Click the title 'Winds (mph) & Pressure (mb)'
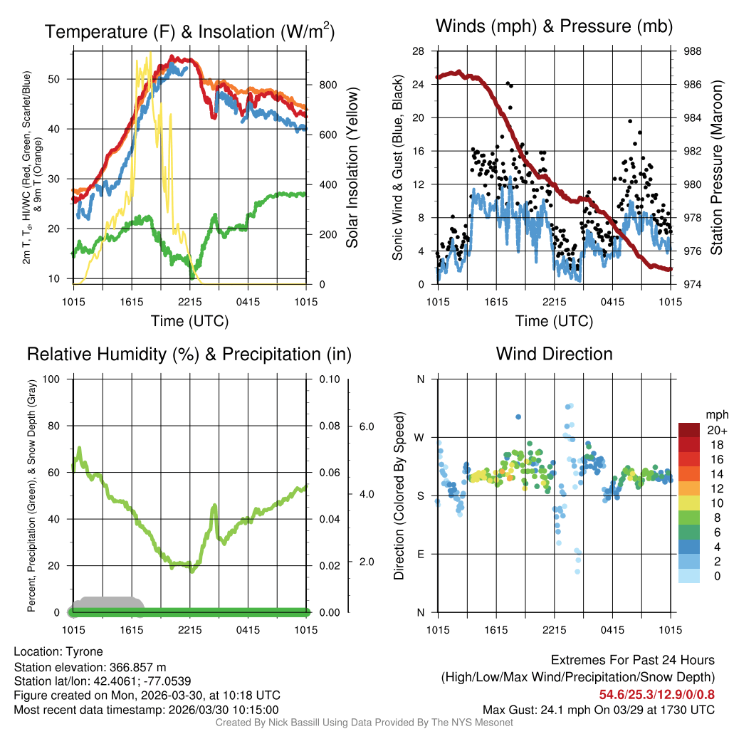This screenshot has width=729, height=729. pos(554,27)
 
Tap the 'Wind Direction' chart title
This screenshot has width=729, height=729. pos(554,354)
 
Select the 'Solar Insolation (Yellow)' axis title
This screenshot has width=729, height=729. pos(352,168)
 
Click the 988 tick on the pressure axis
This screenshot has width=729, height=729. pos(693,51)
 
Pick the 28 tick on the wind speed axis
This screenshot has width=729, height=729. pos(419,51)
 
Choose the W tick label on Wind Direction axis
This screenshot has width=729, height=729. pos(420,437)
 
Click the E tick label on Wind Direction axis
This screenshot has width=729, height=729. pos(420,554)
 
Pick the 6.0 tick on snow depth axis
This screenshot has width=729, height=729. pos(365,426)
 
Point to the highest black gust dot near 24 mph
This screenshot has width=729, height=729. pos(508,83)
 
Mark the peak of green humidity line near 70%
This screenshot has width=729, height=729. pos(79,449)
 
